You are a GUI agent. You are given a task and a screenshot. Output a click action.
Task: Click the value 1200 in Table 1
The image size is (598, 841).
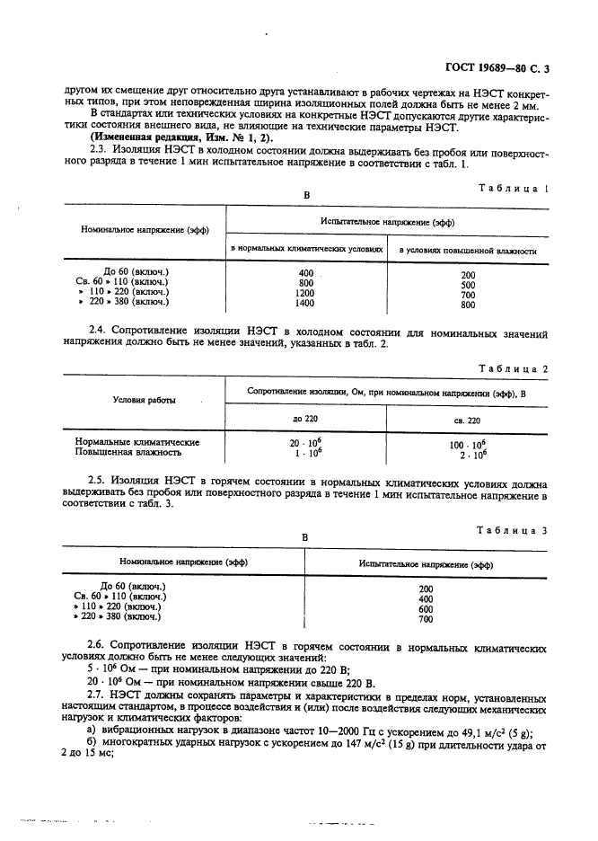pos(305,293)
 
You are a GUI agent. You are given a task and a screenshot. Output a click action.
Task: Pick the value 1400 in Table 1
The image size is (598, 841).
pos(305,304)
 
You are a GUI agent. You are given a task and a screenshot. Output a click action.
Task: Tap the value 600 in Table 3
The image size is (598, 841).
pos(426,608)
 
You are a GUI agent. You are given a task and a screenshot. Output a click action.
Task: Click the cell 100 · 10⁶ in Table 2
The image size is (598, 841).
pos(467,443)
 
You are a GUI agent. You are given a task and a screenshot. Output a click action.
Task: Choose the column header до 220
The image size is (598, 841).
pos(305,419)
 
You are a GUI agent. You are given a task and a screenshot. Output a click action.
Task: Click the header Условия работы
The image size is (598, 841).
pos(144,400)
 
